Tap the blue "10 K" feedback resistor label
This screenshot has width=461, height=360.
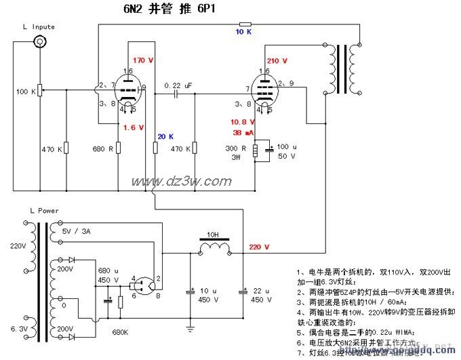(244, 32)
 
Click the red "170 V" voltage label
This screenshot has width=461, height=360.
(144, 60)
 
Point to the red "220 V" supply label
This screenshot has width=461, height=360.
(259, 246)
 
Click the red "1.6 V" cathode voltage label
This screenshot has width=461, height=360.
(134, 127)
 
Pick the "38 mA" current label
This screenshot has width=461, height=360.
(242, 133)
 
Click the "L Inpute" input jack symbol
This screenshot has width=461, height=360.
(41, 43)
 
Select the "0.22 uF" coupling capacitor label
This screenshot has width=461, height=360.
(178, 86)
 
